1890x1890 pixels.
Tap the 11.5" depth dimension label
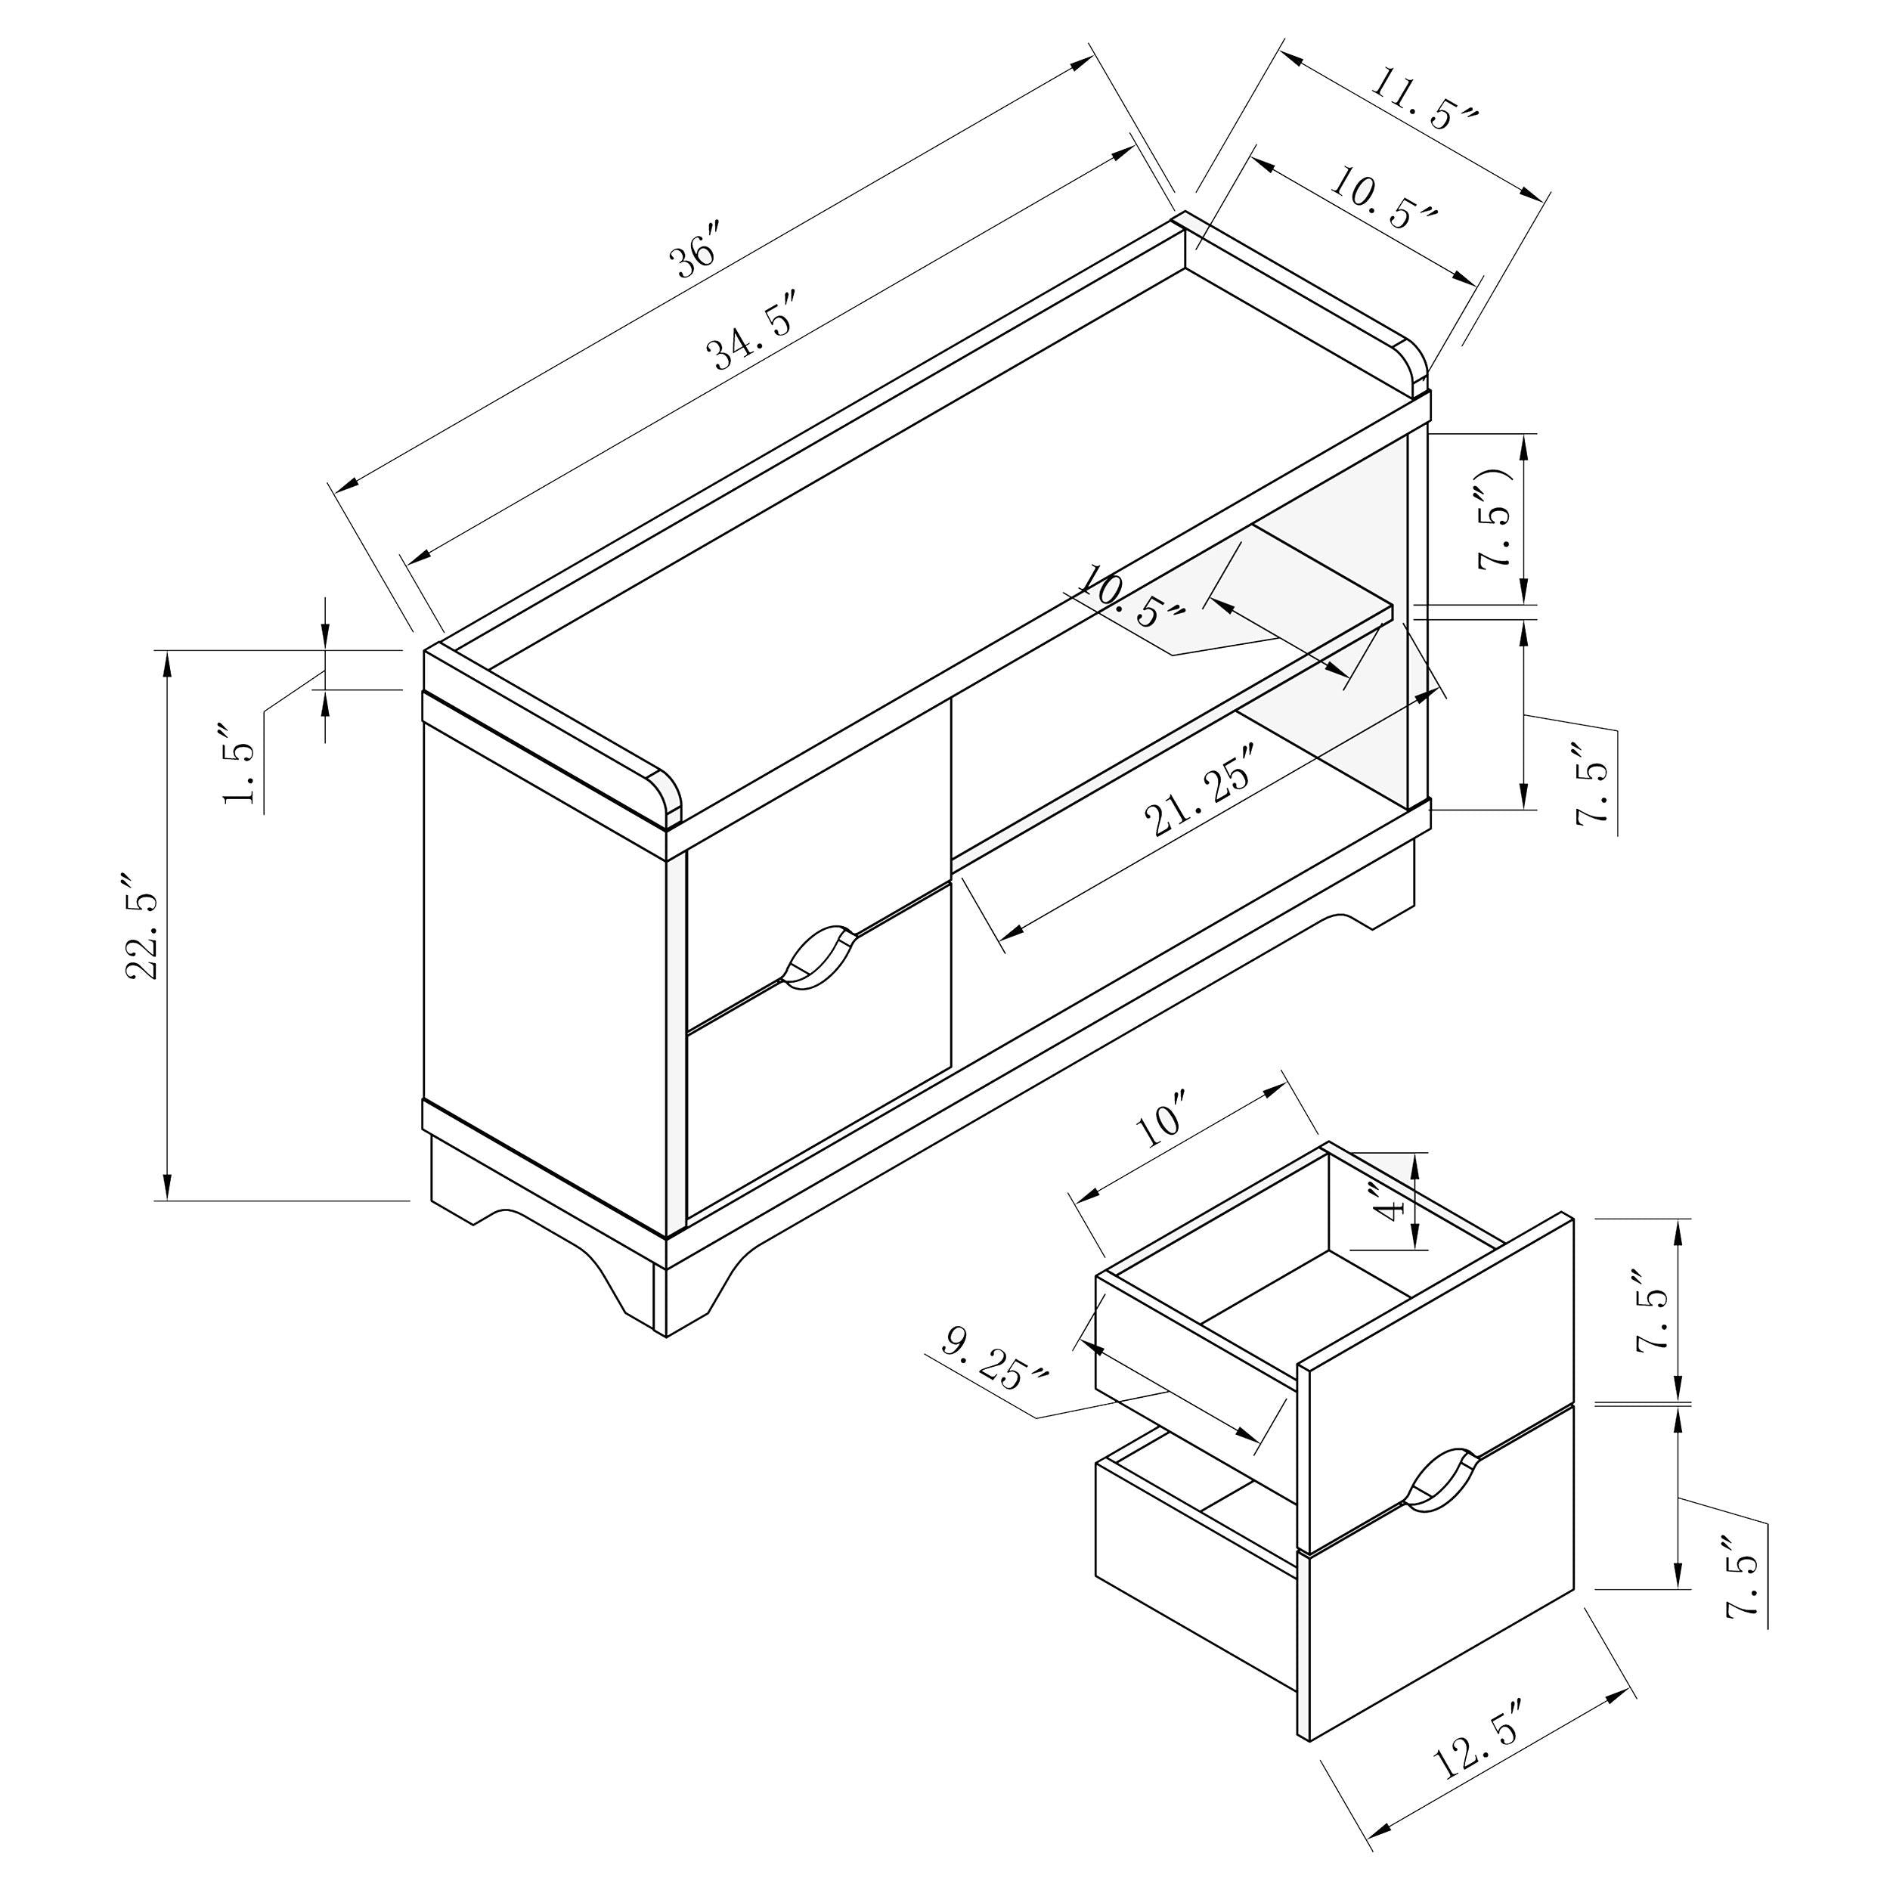[1422, 99]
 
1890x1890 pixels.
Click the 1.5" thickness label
[240, 766]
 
